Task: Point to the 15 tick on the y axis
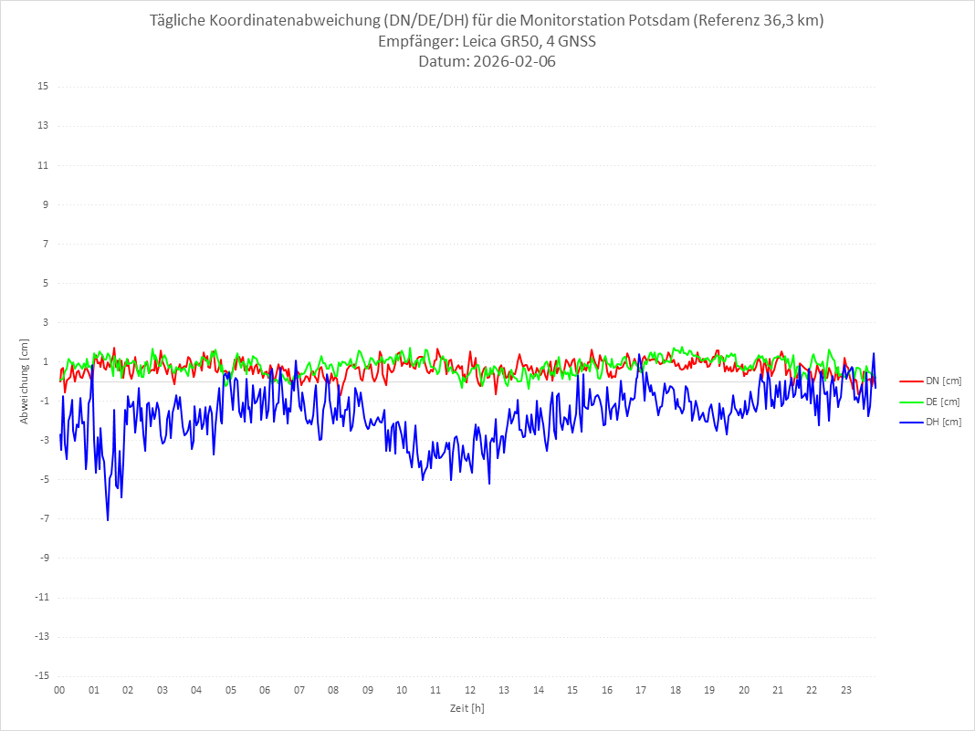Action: [43, 87]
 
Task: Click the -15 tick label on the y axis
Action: [41, 675]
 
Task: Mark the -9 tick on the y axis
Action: [43, 558]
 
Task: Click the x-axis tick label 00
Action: [59, 690]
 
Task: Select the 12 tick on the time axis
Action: [470, 690]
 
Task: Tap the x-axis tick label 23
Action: [846, 690]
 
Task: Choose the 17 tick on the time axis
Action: [641, 690]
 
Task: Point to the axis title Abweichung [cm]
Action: [25, 381]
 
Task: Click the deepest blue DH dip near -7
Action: [108, 520]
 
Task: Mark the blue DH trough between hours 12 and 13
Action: [489, 483]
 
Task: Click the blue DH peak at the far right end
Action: [874, 354]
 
